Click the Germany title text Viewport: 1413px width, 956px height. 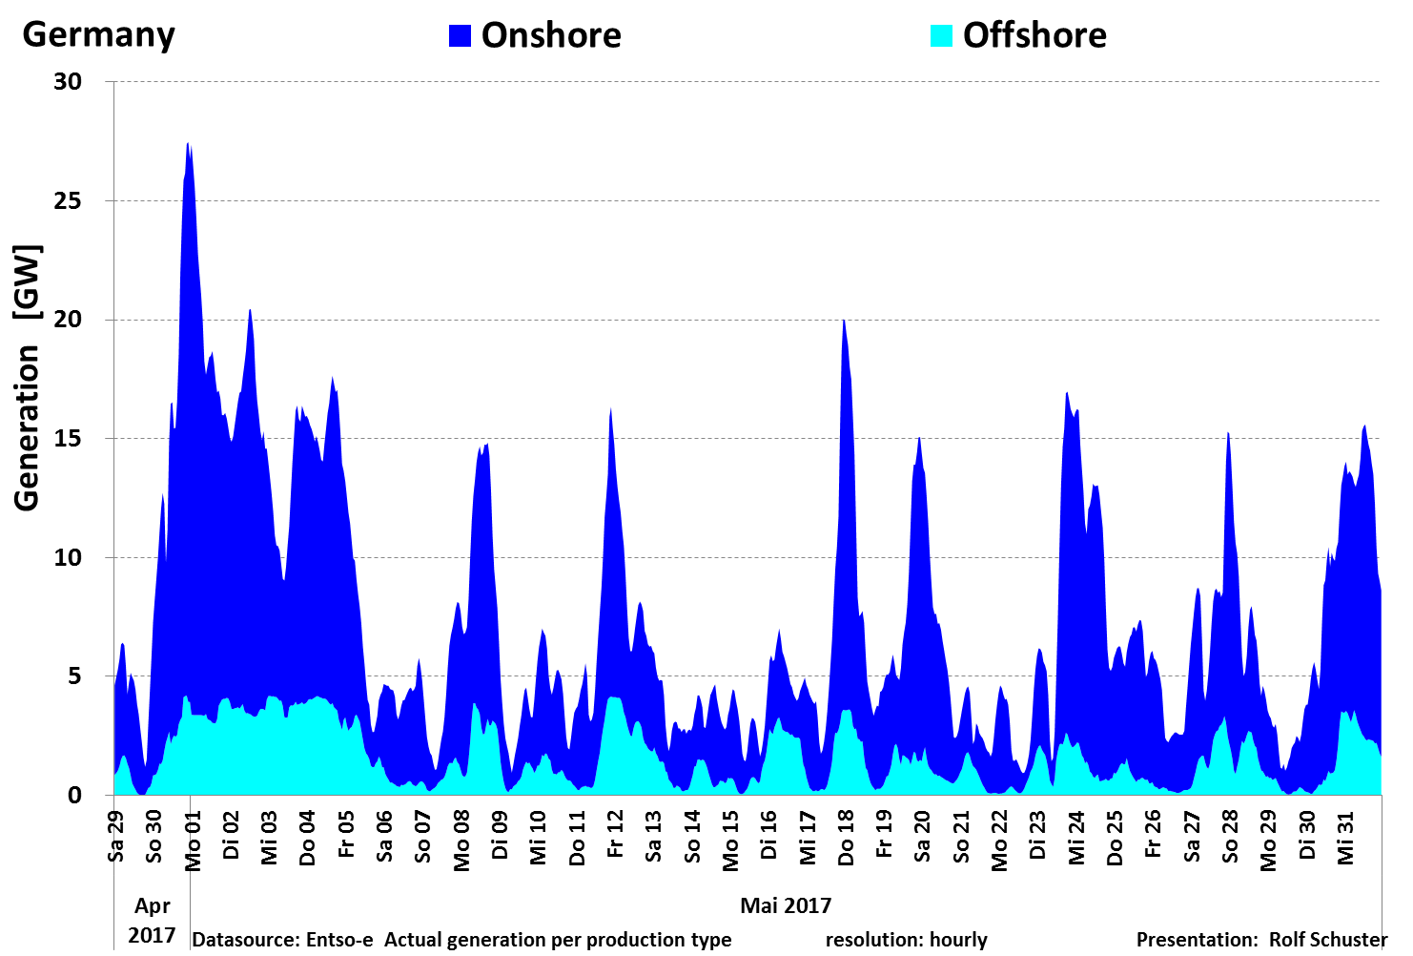[98, 34]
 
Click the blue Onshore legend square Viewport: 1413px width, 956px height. [460, 35]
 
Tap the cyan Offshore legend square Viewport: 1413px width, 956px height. [941, 35]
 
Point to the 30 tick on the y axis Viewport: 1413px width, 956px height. [68, 82]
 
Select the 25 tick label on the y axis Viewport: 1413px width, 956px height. [68, 201]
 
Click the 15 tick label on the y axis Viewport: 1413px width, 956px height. [68, 439]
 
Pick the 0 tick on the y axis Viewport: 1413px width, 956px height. [74, 796]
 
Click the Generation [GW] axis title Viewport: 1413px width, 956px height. [28, 379]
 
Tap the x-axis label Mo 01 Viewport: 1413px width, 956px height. [194, 841]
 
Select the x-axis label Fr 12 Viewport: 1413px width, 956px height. [616, 835]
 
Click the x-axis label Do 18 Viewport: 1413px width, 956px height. [847, 838]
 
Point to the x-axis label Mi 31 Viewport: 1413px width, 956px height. [1346, 838]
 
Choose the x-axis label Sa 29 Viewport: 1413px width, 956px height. [116, 836]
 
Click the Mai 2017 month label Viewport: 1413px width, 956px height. [786, 905]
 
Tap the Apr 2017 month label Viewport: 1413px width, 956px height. [152, 920]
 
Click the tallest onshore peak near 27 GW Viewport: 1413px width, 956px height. [188, 145]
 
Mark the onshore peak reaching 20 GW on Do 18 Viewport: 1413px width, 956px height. [844, 322]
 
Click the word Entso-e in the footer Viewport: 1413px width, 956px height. [339, 940]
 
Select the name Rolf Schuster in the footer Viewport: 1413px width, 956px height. [1328, 940]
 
